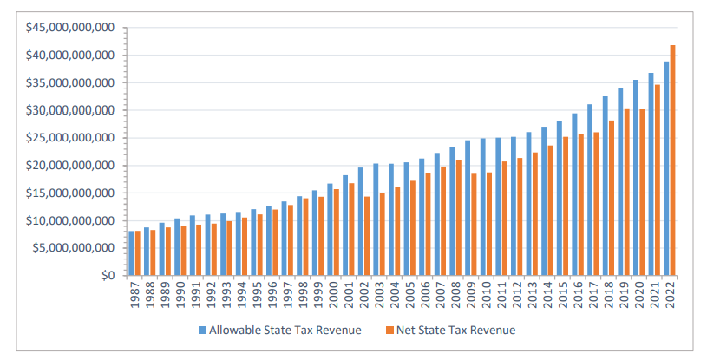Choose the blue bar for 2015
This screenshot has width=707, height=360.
click(x=560, y=199)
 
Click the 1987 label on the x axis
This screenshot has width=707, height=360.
click(x=136, y=296)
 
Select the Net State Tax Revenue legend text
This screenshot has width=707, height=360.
click(x=455, y=330)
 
